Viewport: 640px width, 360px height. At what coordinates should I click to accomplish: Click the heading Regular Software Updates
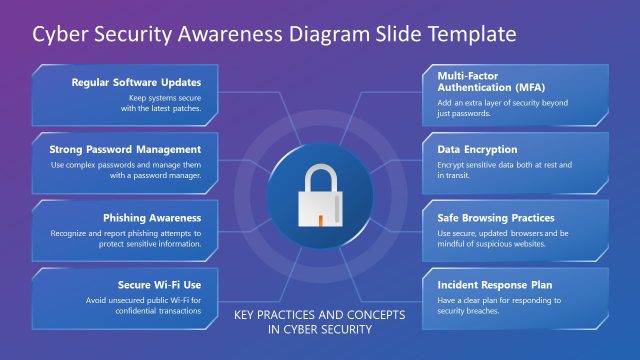[136, 82]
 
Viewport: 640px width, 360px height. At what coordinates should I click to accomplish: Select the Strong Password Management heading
[125, 150]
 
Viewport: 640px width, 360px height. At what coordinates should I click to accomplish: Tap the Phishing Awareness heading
[152, 217]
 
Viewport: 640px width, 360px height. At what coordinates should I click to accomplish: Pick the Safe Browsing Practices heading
[496, 217]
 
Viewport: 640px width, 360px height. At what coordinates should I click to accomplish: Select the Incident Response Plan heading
[495, 285]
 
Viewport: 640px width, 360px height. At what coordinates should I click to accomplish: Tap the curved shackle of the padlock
[320, 179]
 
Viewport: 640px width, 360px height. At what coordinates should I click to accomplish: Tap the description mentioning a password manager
[125, 170]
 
